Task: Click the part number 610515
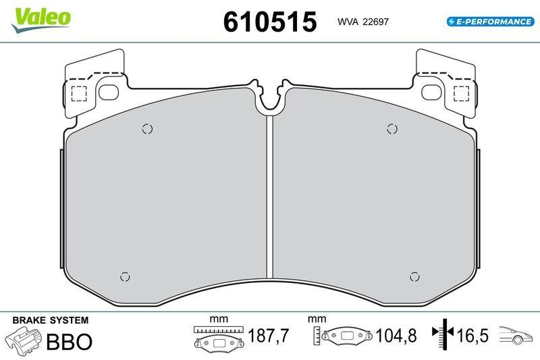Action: coord(269,22)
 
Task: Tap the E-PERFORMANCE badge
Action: coord(490,22)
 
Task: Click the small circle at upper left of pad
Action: coord(148,129)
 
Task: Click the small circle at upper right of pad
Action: coord(391,128)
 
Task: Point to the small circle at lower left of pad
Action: coord(124,276)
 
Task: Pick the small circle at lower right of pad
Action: coord(415,276)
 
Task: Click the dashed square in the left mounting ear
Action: coord(79,93)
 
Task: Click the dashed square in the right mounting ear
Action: coord(461,93)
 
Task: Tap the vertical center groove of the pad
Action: coord(269,196)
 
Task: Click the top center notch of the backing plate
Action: coord(270,98)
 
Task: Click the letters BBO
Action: coord(68,342)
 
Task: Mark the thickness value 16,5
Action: coord(473,336)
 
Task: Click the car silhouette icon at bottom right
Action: coord(516,334)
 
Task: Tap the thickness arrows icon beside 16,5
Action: coord(443,335)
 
